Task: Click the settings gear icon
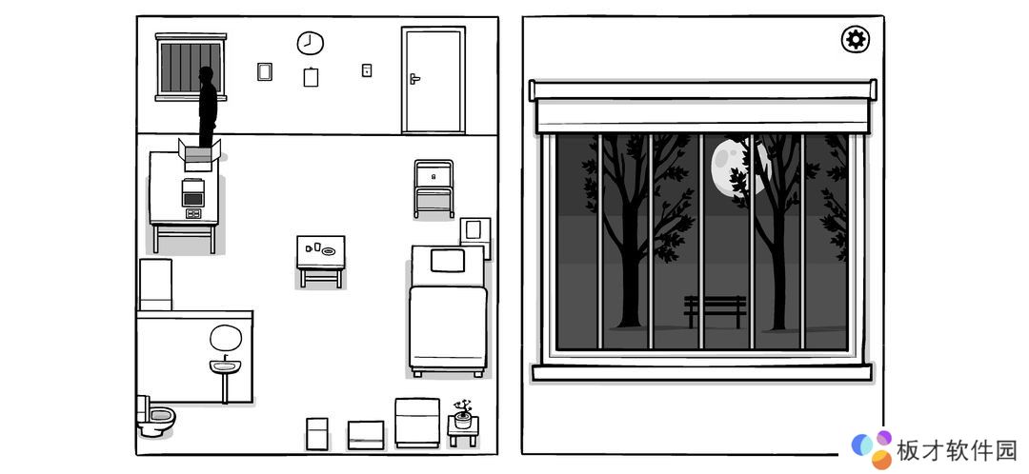[855, 40]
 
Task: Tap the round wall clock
[310, 43]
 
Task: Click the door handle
[414, 79]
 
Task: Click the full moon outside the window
[738, 165]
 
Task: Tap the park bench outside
[715, 310]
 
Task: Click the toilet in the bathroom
[154, 416]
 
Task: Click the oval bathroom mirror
[226, 338]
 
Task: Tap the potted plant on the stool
[463, 414]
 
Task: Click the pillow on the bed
[448, 261]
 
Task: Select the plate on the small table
[328, 251]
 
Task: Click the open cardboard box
[199, 155]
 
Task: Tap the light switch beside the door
[367, 70]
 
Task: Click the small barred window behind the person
[191, 68]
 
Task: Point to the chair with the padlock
[434, 188]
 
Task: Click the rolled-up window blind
[703, 107]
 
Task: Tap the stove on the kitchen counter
[192, 192]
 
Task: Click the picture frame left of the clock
[265, 71]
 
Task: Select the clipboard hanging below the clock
[311, 77]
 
